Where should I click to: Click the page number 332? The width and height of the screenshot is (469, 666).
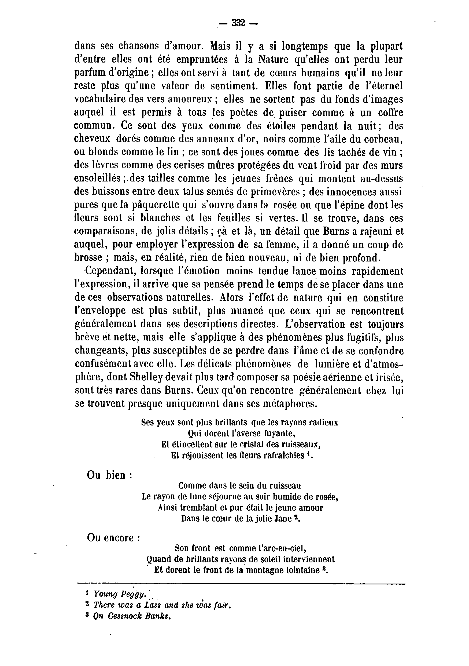point(238,23)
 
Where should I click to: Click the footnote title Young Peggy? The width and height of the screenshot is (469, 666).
point(119,594)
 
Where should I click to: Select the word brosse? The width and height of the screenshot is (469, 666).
point(88,258)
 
